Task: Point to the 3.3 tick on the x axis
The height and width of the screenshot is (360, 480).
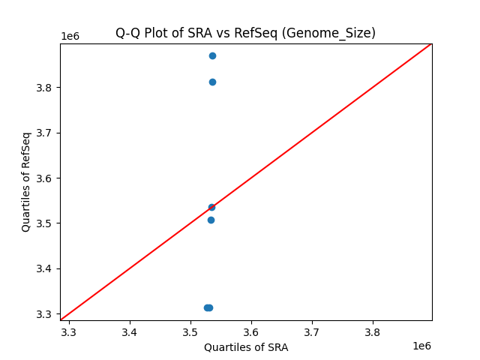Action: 69,331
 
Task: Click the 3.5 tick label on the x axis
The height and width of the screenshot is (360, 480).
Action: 190,331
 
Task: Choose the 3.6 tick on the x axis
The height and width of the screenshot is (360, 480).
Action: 251,331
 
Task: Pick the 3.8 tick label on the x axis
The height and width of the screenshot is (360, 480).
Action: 373,331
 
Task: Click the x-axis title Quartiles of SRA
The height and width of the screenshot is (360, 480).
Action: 246,347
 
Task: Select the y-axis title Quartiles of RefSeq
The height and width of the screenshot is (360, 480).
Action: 26,181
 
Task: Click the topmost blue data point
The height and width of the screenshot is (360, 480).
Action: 212,55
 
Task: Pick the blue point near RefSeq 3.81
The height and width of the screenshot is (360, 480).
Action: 212,82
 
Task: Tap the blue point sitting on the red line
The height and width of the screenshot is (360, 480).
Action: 211,207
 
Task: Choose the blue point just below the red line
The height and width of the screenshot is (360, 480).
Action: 211,220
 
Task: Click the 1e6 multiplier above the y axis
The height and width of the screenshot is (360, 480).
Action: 70,36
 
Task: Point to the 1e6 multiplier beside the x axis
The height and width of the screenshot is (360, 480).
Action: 421,346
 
